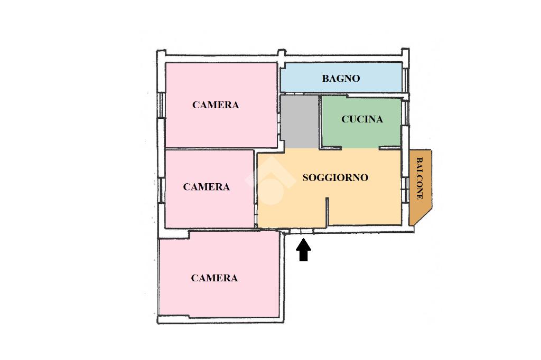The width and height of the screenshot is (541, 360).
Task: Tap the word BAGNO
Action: pos(341,79)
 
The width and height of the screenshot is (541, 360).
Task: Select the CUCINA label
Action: pos(362,119)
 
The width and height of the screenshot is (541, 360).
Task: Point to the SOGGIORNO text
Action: pos(335,177)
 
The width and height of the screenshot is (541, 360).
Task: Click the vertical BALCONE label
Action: pos(419,178)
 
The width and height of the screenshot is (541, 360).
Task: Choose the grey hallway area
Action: pos(299,121)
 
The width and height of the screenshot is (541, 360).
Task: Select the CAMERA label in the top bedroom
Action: pos(216,105)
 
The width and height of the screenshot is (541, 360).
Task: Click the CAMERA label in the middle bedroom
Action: pos(206,187)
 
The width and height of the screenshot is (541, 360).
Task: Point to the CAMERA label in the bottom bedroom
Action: pos(214,278)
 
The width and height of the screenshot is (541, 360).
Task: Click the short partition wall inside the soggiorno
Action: pos(327,211)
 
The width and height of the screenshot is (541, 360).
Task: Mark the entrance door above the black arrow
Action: pos(302,231)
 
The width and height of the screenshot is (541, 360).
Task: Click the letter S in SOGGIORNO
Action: pos(305,177)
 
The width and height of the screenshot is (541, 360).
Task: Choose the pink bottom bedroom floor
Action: pos(219,301)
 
